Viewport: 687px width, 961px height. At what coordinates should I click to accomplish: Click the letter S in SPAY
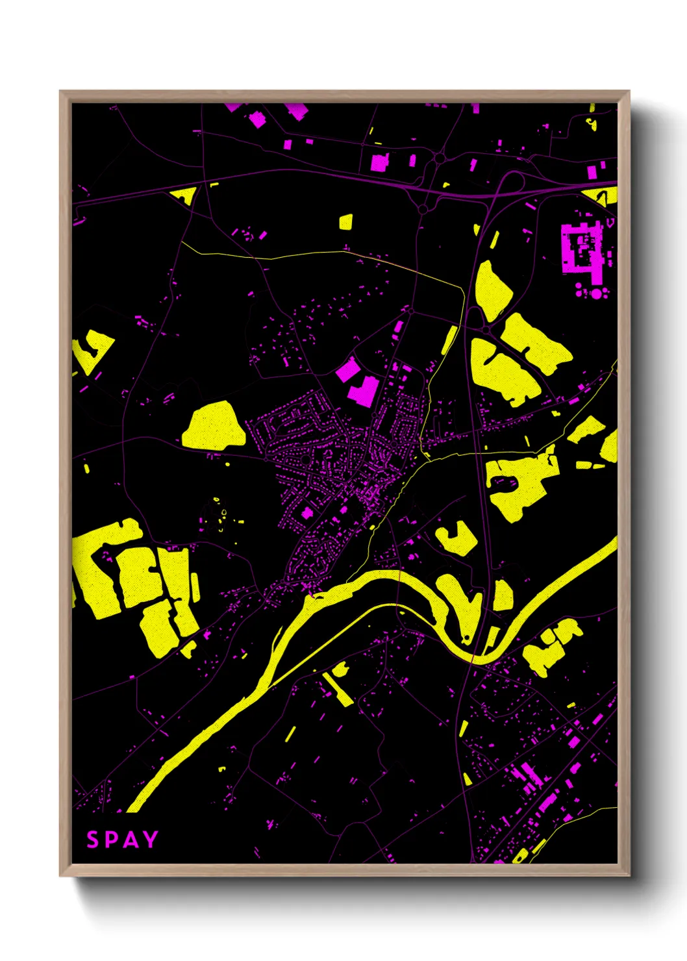93,840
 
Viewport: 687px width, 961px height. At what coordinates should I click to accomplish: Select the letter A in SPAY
131,840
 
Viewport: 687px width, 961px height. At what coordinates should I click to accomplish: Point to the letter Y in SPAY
151,840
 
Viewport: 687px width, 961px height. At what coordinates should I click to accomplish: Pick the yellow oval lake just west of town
214,426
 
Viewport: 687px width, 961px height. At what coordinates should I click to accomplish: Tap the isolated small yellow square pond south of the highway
345,222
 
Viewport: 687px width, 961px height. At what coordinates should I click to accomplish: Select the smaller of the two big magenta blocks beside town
347,369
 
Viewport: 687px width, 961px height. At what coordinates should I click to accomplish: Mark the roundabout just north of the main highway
440,158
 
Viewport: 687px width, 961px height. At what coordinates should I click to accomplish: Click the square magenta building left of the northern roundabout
378,162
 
